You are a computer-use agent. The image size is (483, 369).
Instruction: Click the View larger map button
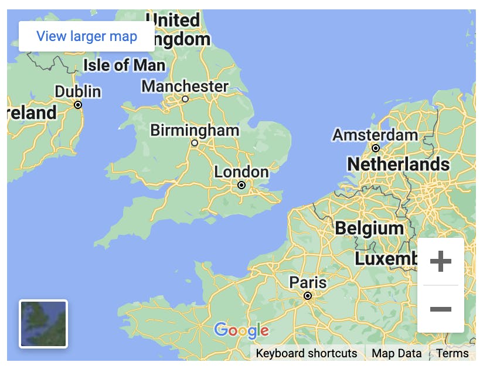point(87,36)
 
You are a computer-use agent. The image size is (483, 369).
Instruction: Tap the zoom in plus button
point(440,262)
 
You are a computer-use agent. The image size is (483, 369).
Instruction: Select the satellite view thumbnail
point(43,323)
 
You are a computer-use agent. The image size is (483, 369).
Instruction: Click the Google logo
point(241,331)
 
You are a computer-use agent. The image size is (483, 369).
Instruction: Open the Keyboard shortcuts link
point(306,353)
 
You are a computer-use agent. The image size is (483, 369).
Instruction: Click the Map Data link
point(396,353)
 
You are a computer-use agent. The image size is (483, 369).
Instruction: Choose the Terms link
point(452,353)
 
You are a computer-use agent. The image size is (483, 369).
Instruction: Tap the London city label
point(241,172)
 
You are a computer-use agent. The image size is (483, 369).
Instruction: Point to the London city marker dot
point(241,185)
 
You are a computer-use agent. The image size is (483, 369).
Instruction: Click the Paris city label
point(308,282)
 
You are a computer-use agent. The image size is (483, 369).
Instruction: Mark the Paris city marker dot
point(308,296)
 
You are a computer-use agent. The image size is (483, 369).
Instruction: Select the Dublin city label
point(78,92)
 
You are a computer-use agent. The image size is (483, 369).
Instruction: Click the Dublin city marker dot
point(78,105)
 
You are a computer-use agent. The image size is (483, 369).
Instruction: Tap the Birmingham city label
point(195,130)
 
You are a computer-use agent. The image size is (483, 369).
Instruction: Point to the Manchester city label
point(185,87)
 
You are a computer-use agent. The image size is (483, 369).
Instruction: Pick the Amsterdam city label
point(376,135)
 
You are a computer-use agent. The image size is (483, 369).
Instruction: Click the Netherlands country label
point(398,165)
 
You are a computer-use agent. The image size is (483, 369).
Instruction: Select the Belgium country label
point(369,228)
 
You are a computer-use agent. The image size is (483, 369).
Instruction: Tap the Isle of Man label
point(124,65)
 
